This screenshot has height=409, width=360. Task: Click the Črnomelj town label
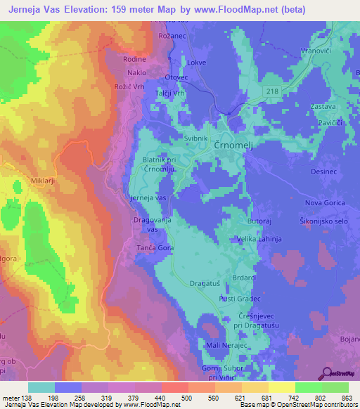(238, 143)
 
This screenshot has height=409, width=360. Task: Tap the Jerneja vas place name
(148, 199)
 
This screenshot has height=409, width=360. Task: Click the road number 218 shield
(272, 91)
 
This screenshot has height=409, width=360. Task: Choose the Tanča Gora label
(153, 248)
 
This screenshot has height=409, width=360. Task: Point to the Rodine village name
(134, 59)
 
